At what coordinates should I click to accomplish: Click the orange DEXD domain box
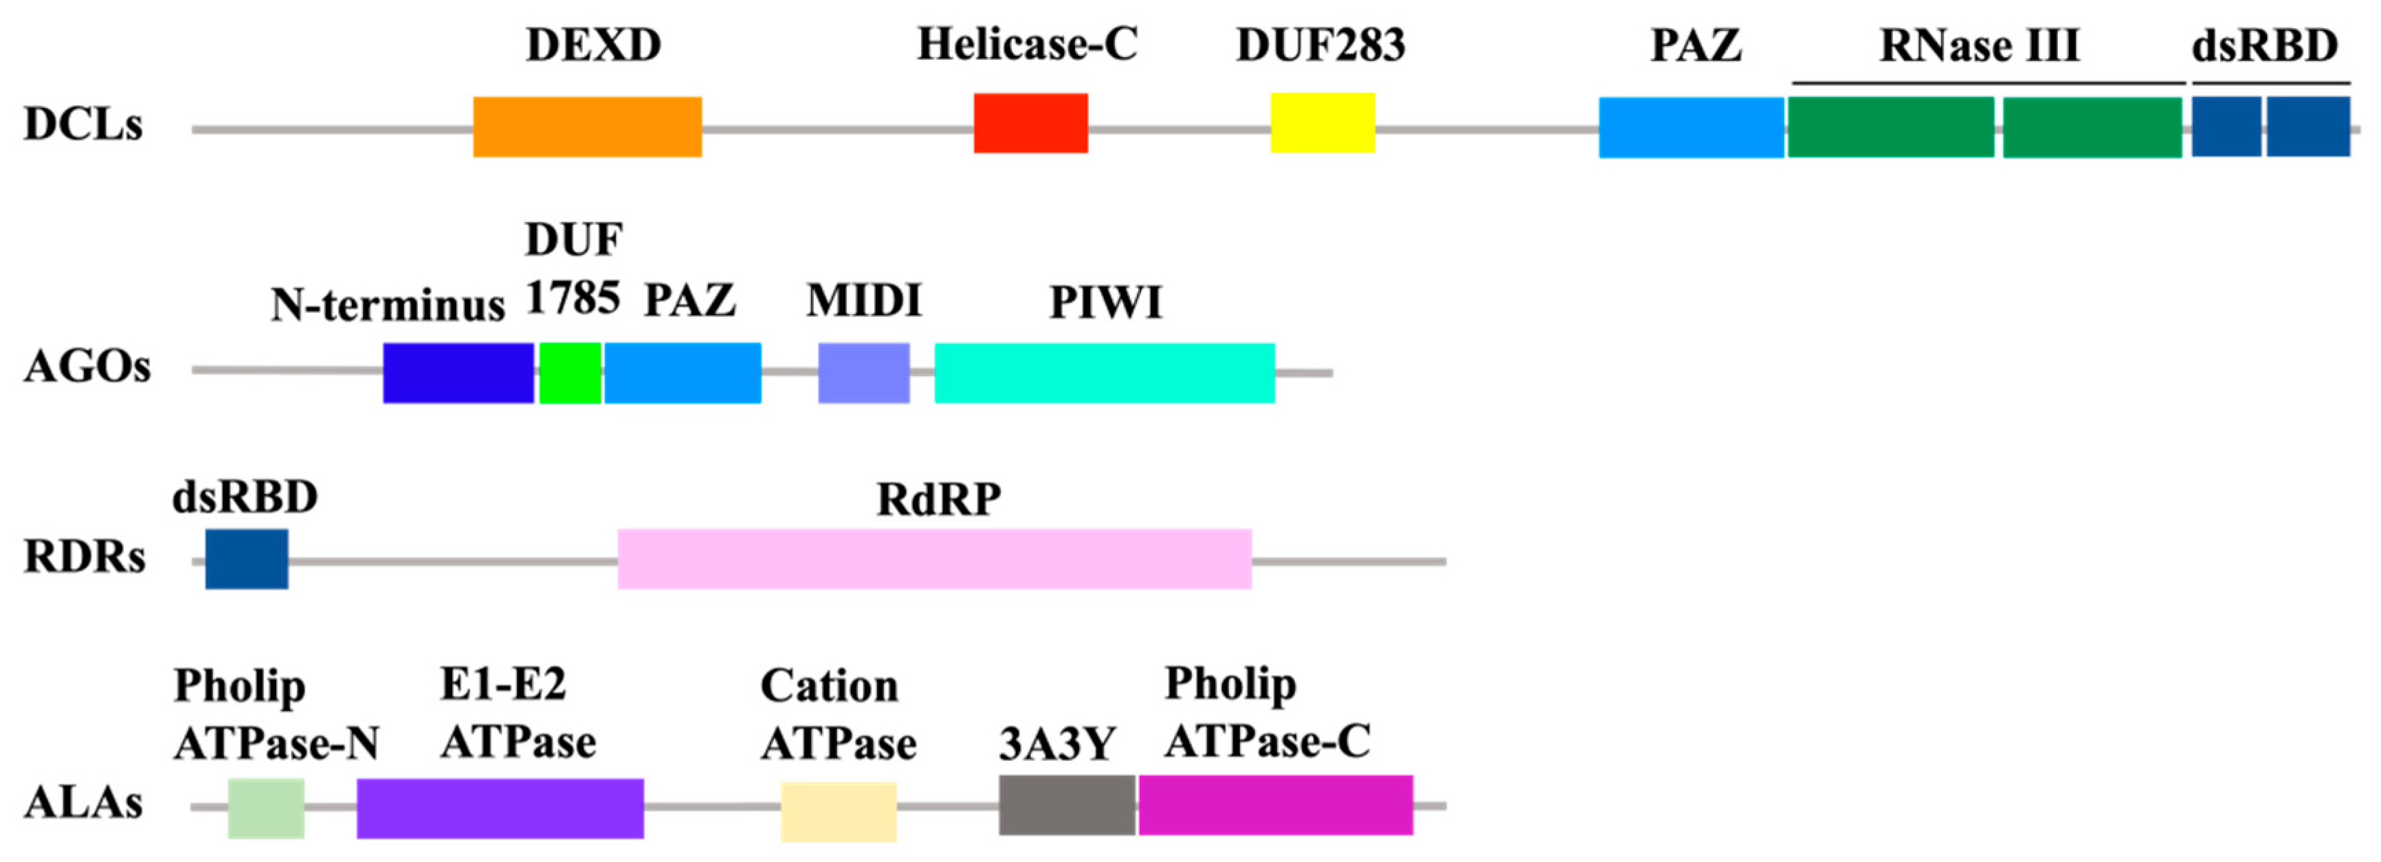pyautogui.click(x=587, y=126)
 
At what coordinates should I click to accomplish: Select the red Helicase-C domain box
pyautogui.click(x=1030, y=123)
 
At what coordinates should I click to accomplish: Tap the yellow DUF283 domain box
pyautogui.click(x=1322, y=122)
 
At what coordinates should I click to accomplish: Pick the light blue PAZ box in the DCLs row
pyautogui.click(x=1690, y=128)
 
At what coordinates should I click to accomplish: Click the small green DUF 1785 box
pyautogui.click(x=569, y=372)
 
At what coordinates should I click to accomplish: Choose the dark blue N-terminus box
pyautogui.click(x=458, y=372)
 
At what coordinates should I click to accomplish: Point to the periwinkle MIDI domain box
pyautogui.click(x=863, y=372)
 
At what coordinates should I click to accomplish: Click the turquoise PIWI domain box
pyautogui.click(x=1105, y=372)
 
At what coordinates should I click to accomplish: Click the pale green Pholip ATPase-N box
pyautogui.click(x=266, y=808)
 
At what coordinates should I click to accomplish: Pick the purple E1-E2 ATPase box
pyautogui.click(x=500, y=808)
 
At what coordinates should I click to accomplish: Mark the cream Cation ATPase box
pyautogui.click(x=839, y=811)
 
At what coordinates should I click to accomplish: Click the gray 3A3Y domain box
pyautogui.click(x=1067, y=805)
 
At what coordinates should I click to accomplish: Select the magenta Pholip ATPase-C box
pyautogui.click(x=1276, y=805)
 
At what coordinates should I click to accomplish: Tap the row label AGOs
pyautogui.click(x=87, y=367)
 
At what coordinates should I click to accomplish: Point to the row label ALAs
pyautogui.click(x=83, y=803)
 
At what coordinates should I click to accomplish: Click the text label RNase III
pyautogui.click(x=1980, y=46)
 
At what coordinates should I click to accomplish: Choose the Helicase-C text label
pyautogui.click(x=1027, y=45)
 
